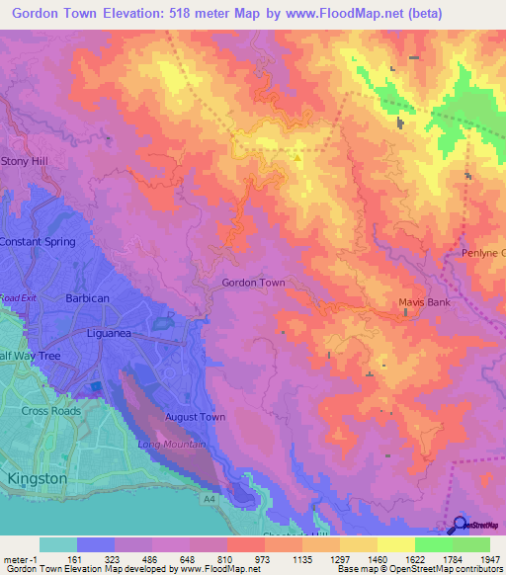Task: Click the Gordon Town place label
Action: [x=253, y=283]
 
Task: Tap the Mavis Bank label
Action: [x=423, y=302]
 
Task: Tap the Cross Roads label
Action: [x=51, y=410]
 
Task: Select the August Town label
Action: [x=195, y=417]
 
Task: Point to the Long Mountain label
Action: [x=172, y=445]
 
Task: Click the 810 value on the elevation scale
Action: [x=226, y=559]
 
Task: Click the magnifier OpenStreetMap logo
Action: [x=459, y=525]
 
